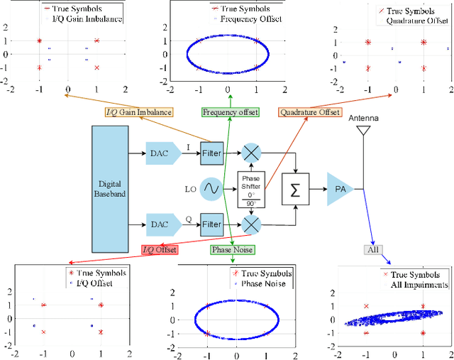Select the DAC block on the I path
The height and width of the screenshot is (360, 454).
pyautogui.click(x=160, y=152)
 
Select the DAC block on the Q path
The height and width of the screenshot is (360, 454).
pyautogui.click(x=160, y=224)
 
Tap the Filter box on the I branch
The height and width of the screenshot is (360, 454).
pyautogui.click(x=211, y=152)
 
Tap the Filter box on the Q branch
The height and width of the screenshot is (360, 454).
pyautogui.click(x=211, y=224)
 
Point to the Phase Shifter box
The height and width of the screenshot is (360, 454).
pyautogui.click(x=250, y=190)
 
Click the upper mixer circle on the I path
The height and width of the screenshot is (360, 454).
pyautogui.click(x=250, y=153)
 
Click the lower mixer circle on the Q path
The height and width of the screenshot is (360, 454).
pyautogui.click(x=250, y=224)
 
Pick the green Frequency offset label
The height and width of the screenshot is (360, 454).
pyautogui.click(x=230, y=112)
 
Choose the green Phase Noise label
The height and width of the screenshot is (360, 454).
pyautogui.click(x=232, y=249)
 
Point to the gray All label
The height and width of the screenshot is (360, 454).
pyautogui.click(x=373, y=250)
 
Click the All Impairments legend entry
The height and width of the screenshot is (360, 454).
pyautogui.click(x=419, y=285)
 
